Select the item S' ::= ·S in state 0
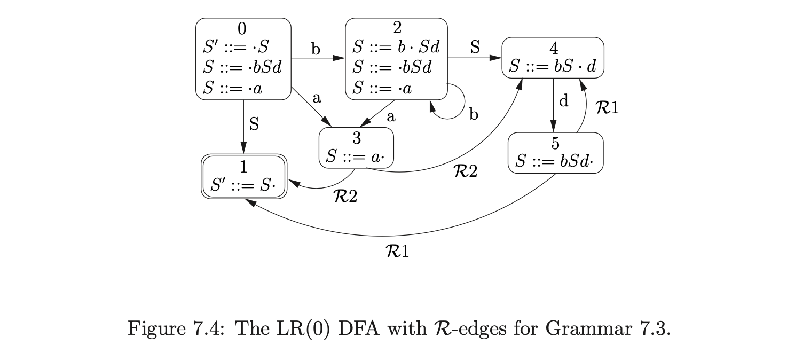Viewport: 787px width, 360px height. click(x=235, y=48)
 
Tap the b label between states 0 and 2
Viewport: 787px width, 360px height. click(x=316, y=50)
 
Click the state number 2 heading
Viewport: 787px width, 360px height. click(x=396, y=28)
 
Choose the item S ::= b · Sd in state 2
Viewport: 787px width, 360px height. click(x=396, y=47)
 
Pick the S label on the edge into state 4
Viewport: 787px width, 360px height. click(x=475, y=47)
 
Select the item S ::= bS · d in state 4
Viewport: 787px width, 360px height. click(x=553, y=67)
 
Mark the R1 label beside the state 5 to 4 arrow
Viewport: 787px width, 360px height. click(x=607, y=108)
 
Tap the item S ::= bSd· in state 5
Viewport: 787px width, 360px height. click(x=555, y=161)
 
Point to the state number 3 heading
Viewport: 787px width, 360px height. click(x=356, y=138)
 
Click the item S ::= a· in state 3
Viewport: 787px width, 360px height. click(x=356, y=156)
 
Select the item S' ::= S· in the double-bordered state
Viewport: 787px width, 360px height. click(x=243, y=185)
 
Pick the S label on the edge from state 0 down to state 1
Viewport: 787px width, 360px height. click(x=254, y=124)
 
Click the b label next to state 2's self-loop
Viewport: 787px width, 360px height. click(x=473, y=114)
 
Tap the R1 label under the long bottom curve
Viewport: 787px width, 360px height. click(x=397, y=251)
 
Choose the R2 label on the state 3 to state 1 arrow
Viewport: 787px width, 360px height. click(x=345, y=197)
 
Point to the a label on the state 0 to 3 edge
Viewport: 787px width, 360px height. click(x=317, y=98)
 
